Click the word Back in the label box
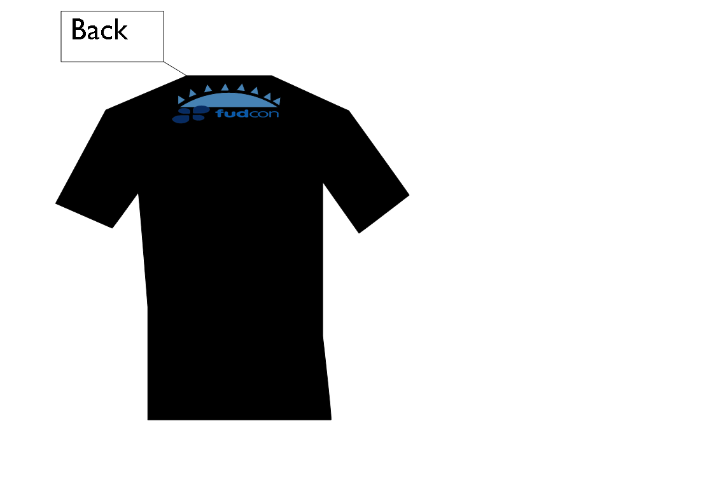(100, 30)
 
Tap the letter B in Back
(78, 30)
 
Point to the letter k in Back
(122, 30)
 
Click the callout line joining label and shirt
(175, 69)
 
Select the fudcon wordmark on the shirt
(247, 113)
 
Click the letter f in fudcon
(220, 113)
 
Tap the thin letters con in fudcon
(264, 114)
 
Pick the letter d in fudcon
(243, 113)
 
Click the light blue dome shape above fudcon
(228, 100)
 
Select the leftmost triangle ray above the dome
(181, 100)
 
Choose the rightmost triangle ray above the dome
(277, 101)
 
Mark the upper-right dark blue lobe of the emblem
(201, 109)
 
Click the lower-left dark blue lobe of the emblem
(181, 119)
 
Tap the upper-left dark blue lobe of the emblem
(184, 111)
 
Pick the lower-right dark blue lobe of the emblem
(198, 118)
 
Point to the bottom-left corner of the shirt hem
(148, 420)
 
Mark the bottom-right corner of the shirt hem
(332, 420)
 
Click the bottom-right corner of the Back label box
(164, 62)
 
